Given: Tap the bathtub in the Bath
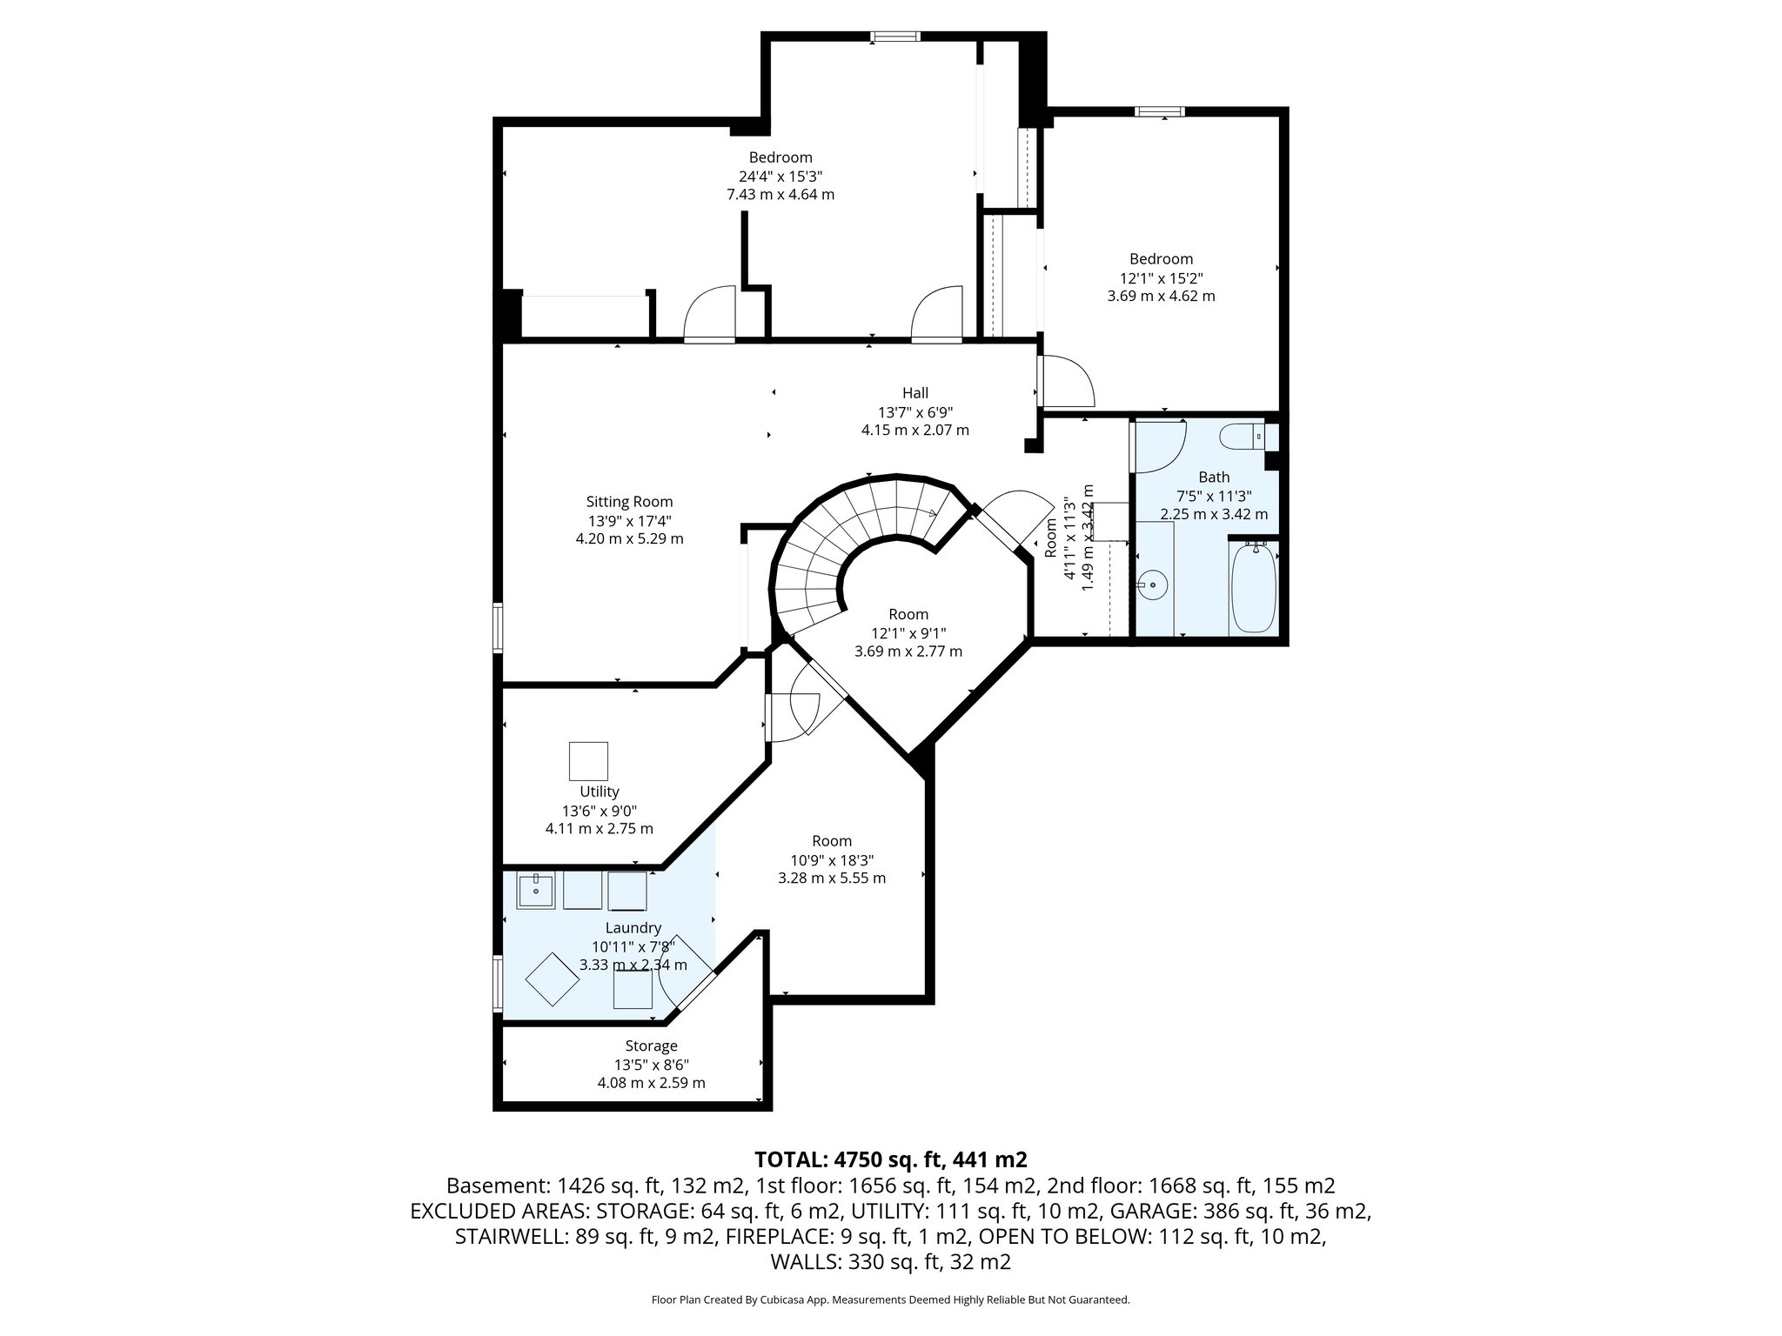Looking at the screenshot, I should tap(1252, 589).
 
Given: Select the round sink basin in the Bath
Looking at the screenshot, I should tap(1155, 584).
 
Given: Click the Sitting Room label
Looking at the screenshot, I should tap(629, 502).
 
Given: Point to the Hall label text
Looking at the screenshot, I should tap(914, 393).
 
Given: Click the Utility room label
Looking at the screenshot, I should tap(599, 792).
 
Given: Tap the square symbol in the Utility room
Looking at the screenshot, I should tap(588, 761).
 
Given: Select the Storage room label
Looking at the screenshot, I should tap(651, 1046).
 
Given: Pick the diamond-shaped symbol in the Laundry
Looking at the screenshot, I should tap(553, 979).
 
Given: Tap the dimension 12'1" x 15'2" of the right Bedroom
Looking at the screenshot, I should tap(1161, 278).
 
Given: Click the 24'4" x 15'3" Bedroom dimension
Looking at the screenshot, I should tap(780, 177).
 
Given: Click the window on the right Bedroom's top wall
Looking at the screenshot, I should tap(1159, 111).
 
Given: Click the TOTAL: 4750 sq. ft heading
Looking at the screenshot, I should tap(891, 1159).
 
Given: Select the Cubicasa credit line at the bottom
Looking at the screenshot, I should tap(891, 1300).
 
